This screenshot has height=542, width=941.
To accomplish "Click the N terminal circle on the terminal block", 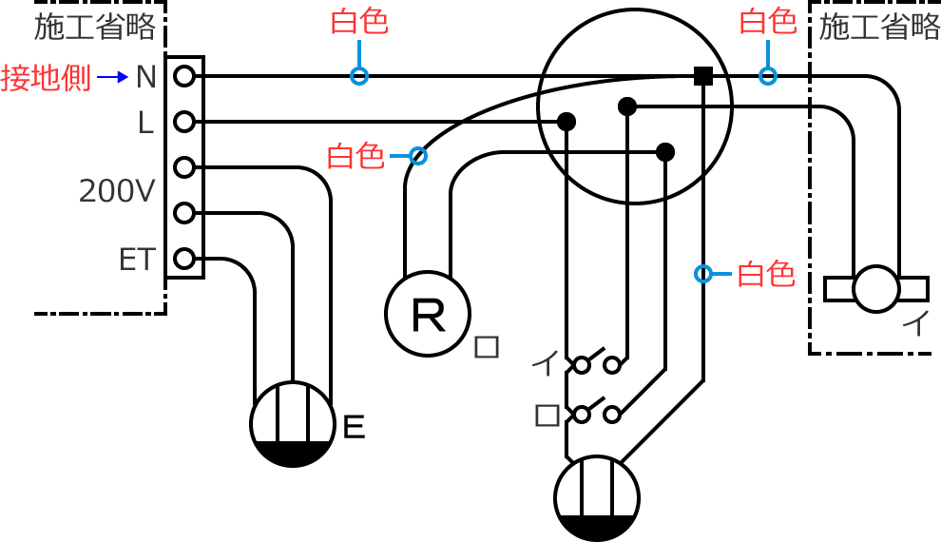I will (x=184, y=76).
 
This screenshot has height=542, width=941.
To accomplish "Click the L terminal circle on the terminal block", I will (x=184, y=122).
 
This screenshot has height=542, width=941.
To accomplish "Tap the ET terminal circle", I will (x=184, y=259).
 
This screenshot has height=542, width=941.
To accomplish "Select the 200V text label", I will (x=117, y=191).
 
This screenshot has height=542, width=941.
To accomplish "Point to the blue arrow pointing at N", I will (x=112, y=77).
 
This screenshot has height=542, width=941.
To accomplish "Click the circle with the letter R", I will (x=428, y=315).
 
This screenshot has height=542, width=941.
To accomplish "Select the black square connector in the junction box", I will (x=703, y=76).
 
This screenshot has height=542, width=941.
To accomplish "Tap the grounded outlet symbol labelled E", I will (x=293, y=424).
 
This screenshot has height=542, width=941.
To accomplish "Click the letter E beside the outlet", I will (x=354, y=428).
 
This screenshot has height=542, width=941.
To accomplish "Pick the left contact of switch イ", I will (x=582, y=364).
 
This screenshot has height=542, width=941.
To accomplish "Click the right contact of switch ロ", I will (x=612, y=414).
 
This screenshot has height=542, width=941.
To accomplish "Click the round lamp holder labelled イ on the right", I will (x=875, y=288).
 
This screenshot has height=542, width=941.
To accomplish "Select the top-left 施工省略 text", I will (x=95, y=27).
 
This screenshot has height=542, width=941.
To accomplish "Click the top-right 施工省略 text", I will (x=879, y=27).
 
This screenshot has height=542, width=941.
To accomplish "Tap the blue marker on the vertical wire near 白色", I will (x=703, y=274).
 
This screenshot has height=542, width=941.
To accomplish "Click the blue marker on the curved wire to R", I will (x=417, y=156).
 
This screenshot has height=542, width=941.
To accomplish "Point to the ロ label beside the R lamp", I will (x=487, y=347).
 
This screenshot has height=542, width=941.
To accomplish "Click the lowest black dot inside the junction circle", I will (x=665, y=151).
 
